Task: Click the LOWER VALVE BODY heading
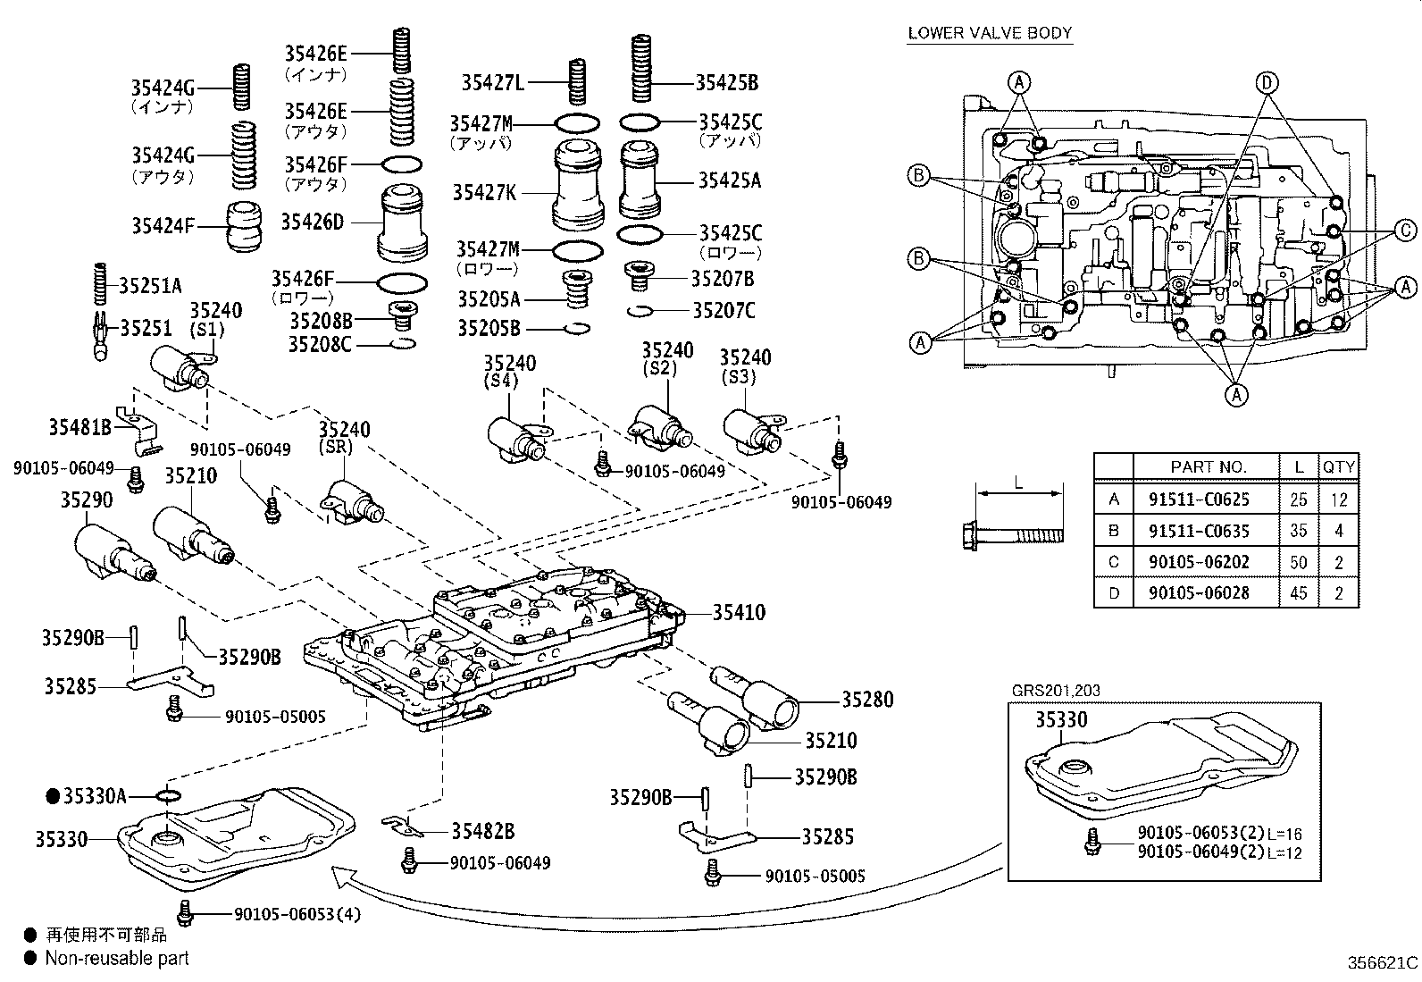pyautogui.click(x=990, y=33)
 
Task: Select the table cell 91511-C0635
pyautogui.click(x=1198, y=531)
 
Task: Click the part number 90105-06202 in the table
pyautogui.click(x=1198, y=562)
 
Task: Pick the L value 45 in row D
pyautogui.click(x=1299, y=593)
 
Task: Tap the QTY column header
pyautogui.click(x=1338, y=466)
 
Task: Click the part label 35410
pyautogui.click(x=740, y=613)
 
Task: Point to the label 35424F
pyautogui.click(x=163, y=226)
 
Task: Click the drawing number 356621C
pyautogui.click(x=1383, y=963)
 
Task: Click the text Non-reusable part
pyautogui.click(x=117, y=959)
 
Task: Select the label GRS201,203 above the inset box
pyautogui.click(x=1056, y=691)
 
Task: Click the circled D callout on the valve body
pyautogui.click(x=1265, y=83)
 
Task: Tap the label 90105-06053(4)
pyautogui.click(x=297, y=914)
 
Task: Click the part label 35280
pyautogui.click(x=866, y=700)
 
